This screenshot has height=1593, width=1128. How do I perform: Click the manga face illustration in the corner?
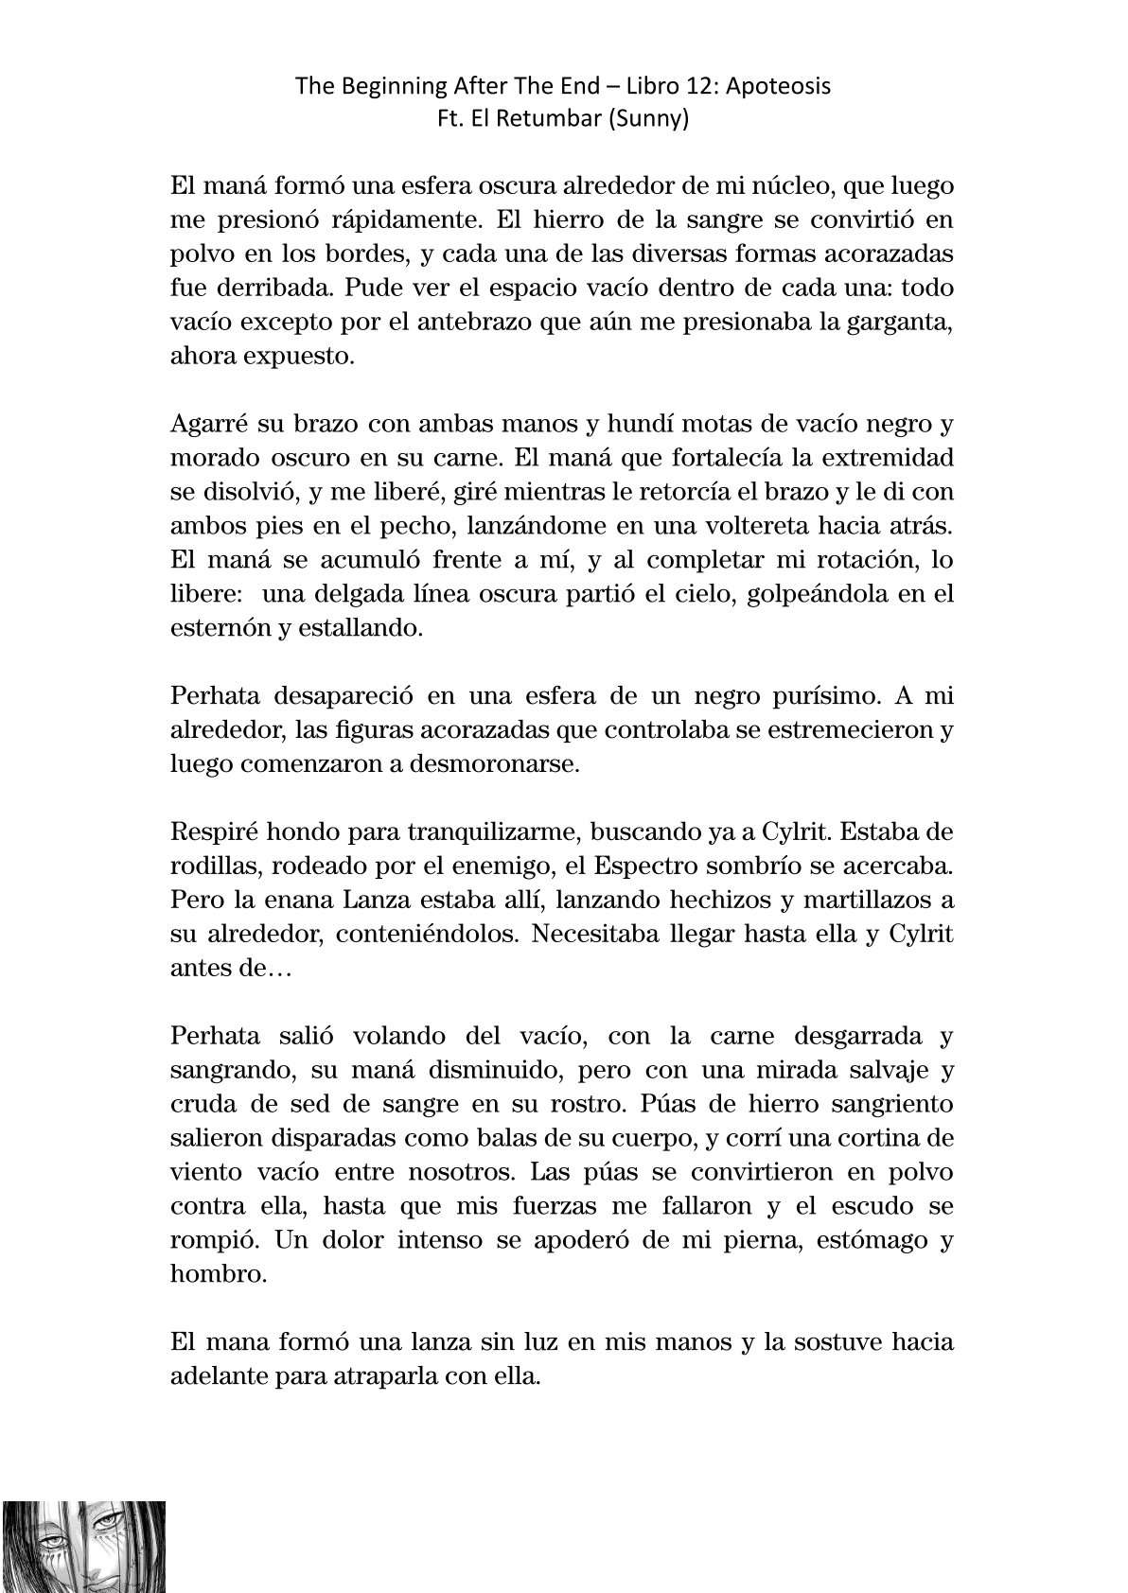[x=84, y=1547]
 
